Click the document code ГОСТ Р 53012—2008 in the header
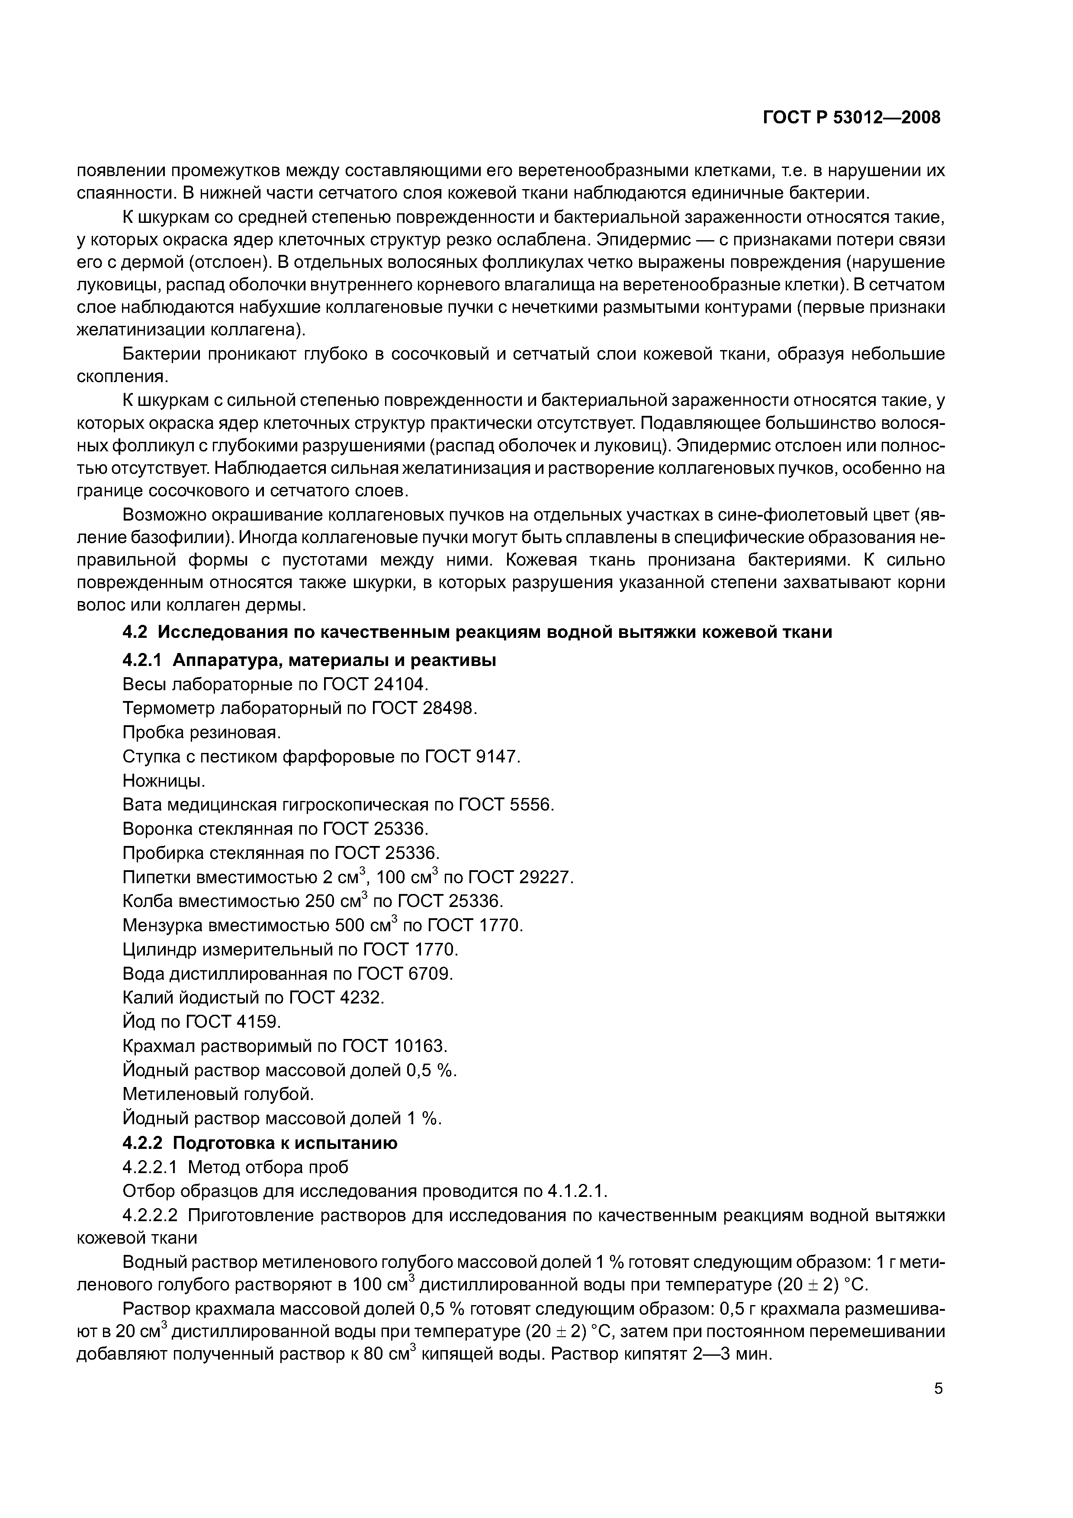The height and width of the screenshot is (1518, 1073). click(851, 118)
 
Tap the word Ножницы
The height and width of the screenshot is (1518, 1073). click(163, 781)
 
